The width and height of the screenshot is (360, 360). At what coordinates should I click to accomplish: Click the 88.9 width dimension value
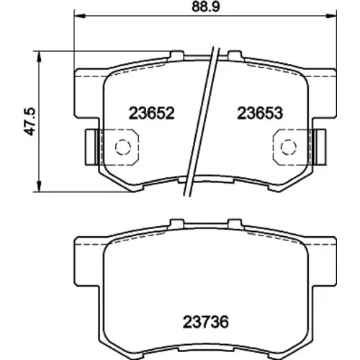pos(206,6)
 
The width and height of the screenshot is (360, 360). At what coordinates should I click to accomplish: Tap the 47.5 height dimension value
pos(30,122)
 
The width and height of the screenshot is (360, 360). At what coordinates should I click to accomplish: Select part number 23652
pos(151,113)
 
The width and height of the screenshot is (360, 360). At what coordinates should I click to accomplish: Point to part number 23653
pos(260,113)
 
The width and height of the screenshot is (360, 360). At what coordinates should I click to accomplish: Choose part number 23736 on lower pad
pos(206,322)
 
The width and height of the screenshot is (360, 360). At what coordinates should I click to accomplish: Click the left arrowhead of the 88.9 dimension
pos(80,16)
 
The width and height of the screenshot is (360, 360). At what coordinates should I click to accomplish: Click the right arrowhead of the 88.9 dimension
pos(331,16)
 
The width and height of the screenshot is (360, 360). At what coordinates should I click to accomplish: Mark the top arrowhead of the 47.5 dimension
pos(38,56)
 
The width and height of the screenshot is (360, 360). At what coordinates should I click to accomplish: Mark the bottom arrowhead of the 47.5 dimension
pos(38,186)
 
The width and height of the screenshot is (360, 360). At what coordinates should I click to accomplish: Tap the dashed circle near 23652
pos(123,147)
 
